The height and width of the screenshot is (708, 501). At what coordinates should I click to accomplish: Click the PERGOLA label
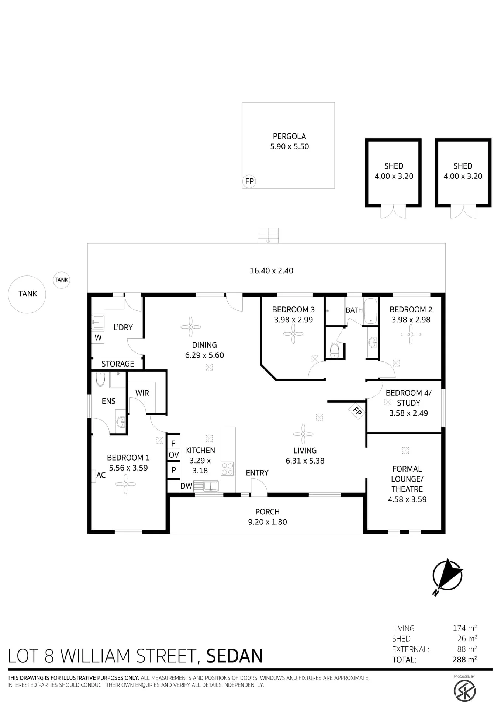289,136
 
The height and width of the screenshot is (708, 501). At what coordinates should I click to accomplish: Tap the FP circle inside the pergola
249,181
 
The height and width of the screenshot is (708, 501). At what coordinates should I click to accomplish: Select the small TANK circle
62,280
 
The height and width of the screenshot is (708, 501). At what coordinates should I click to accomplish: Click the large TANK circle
27,294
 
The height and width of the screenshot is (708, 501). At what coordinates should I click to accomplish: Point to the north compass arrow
448,576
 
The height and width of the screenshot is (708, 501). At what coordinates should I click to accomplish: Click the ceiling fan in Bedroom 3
293,334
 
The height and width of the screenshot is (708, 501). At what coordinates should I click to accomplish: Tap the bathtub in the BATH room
370,312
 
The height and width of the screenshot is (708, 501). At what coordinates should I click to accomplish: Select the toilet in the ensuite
100,379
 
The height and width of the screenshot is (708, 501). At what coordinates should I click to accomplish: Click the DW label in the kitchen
186,486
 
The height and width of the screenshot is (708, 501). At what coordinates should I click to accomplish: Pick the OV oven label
174,455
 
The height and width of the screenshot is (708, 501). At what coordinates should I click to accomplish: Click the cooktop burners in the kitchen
227,469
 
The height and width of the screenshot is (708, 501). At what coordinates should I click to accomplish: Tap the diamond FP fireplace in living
357,411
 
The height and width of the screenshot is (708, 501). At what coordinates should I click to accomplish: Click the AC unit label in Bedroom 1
101,475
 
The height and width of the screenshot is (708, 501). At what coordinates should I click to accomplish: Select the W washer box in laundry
98,337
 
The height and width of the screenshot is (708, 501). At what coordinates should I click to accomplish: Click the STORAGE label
118,364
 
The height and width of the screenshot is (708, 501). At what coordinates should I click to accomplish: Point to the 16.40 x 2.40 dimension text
272,271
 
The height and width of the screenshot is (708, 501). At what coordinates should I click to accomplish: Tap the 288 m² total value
464,659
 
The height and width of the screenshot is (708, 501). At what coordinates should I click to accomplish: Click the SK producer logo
464,690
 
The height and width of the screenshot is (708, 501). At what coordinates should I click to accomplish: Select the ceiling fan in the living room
303,434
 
